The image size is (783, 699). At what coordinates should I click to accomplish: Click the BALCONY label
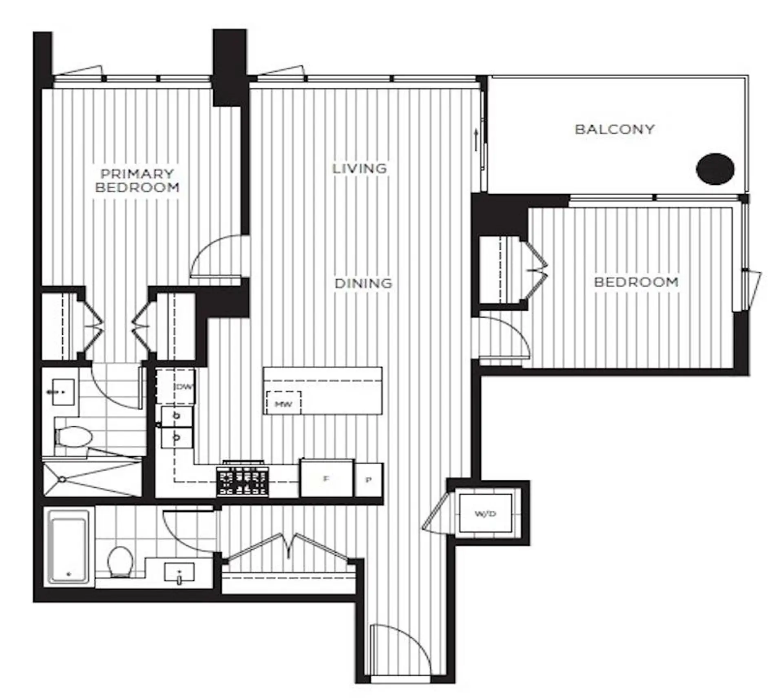614,129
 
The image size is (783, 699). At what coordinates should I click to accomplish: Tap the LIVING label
359,168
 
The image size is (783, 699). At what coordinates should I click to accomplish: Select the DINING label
363,283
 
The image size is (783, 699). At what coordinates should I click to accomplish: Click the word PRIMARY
137,174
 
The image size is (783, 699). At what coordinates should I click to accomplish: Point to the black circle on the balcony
715,169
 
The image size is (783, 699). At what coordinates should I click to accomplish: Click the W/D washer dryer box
485,513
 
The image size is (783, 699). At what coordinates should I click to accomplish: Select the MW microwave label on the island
283,404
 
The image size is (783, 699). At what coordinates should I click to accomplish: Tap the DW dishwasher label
184,387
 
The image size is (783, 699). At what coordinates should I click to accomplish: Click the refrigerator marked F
326,479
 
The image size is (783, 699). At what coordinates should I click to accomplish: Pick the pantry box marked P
369,480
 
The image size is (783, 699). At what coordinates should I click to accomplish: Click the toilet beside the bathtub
120,562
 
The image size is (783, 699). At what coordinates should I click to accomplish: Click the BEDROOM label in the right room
636,282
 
